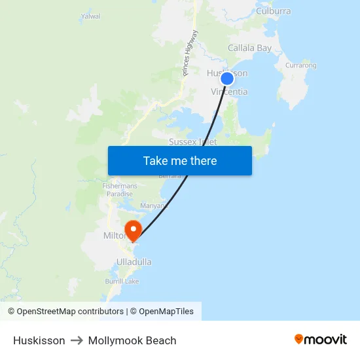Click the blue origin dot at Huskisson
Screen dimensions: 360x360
click(x=227, y=79)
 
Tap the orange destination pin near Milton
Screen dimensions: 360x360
click(x=134, y=230)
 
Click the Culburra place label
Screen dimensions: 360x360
click(x=274, y=11)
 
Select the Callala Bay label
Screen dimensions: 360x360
click(x=249, y=48)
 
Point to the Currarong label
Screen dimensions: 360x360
click(x=301, y=65)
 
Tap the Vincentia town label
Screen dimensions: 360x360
click(x=230, y=92)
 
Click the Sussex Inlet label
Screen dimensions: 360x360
click(x=192, y=141)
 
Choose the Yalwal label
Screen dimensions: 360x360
click(x=90, y=16)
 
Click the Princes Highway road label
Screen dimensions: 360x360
click(x=190, y=54)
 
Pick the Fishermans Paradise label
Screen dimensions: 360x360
click(x=118, y=190)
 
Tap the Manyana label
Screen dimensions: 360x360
click(x=154, y=206)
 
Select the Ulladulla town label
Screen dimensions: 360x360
click(x=134, y=262)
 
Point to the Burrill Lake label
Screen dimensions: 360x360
click(x=122, y=281)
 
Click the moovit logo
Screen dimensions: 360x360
click(x=321, y=339)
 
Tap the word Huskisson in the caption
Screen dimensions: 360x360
click(x=39, y=340)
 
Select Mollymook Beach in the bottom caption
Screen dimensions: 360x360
click(x=132, y=340)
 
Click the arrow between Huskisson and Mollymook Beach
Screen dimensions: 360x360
click(x=77, y=340)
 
